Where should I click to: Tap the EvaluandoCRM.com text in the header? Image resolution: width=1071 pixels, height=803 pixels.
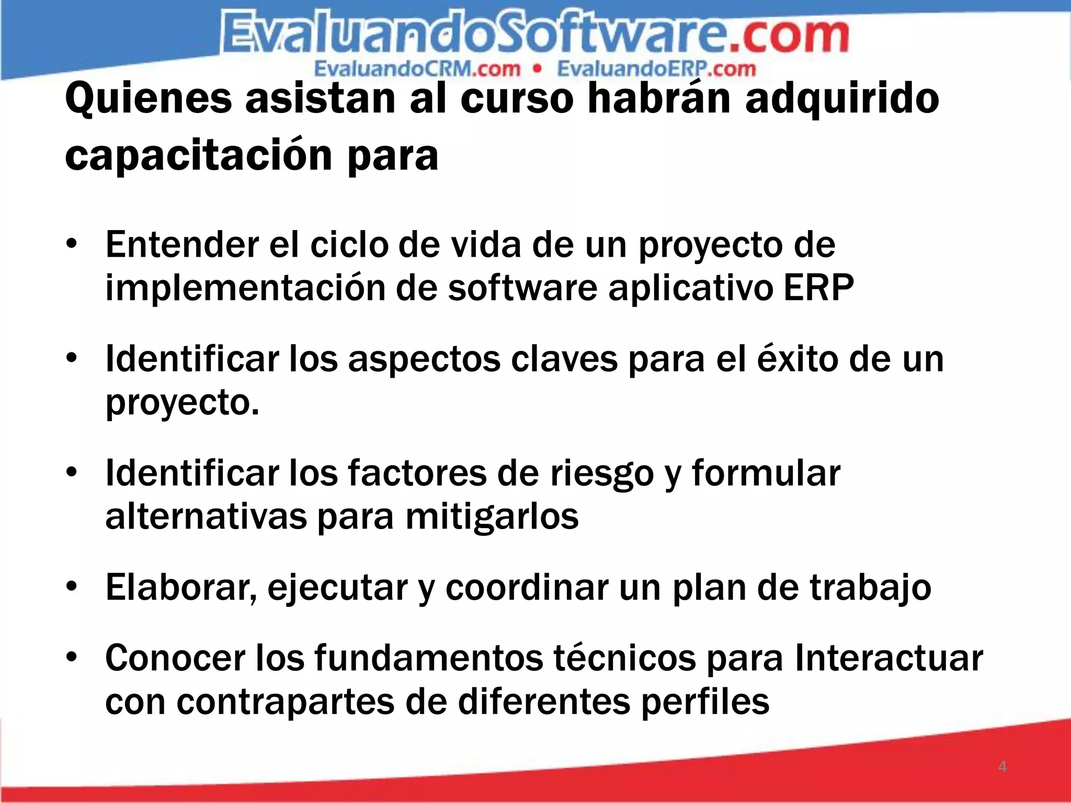pyautogui.click(x=417, y=69)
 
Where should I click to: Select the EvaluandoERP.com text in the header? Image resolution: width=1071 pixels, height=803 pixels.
pyautogui.click(x=656, y=69)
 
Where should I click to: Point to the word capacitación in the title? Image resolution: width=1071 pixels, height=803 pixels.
pyautogui.click(x=199, y=156)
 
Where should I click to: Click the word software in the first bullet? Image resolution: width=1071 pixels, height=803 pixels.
pyautogui.click(x=522, y=288)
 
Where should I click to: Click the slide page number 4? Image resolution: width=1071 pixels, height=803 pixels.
pyautogui.click(x=1002, y=767)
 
